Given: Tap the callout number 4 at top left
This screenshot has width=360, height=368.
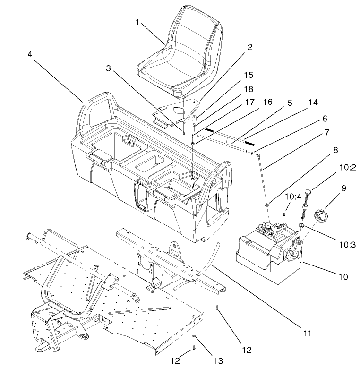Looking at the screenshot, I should pos(30,54).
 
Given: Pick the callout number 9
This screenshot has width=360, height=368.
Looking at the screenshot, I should pos(330,188).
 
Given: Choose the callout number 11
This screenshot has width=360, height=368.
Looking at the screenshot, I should pos(307,333).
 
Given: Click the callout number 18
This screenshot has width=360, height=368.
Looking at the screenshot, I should pos(248,88).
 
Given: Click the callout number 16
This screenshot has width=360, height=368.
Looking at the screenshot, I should pos(268,102).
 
